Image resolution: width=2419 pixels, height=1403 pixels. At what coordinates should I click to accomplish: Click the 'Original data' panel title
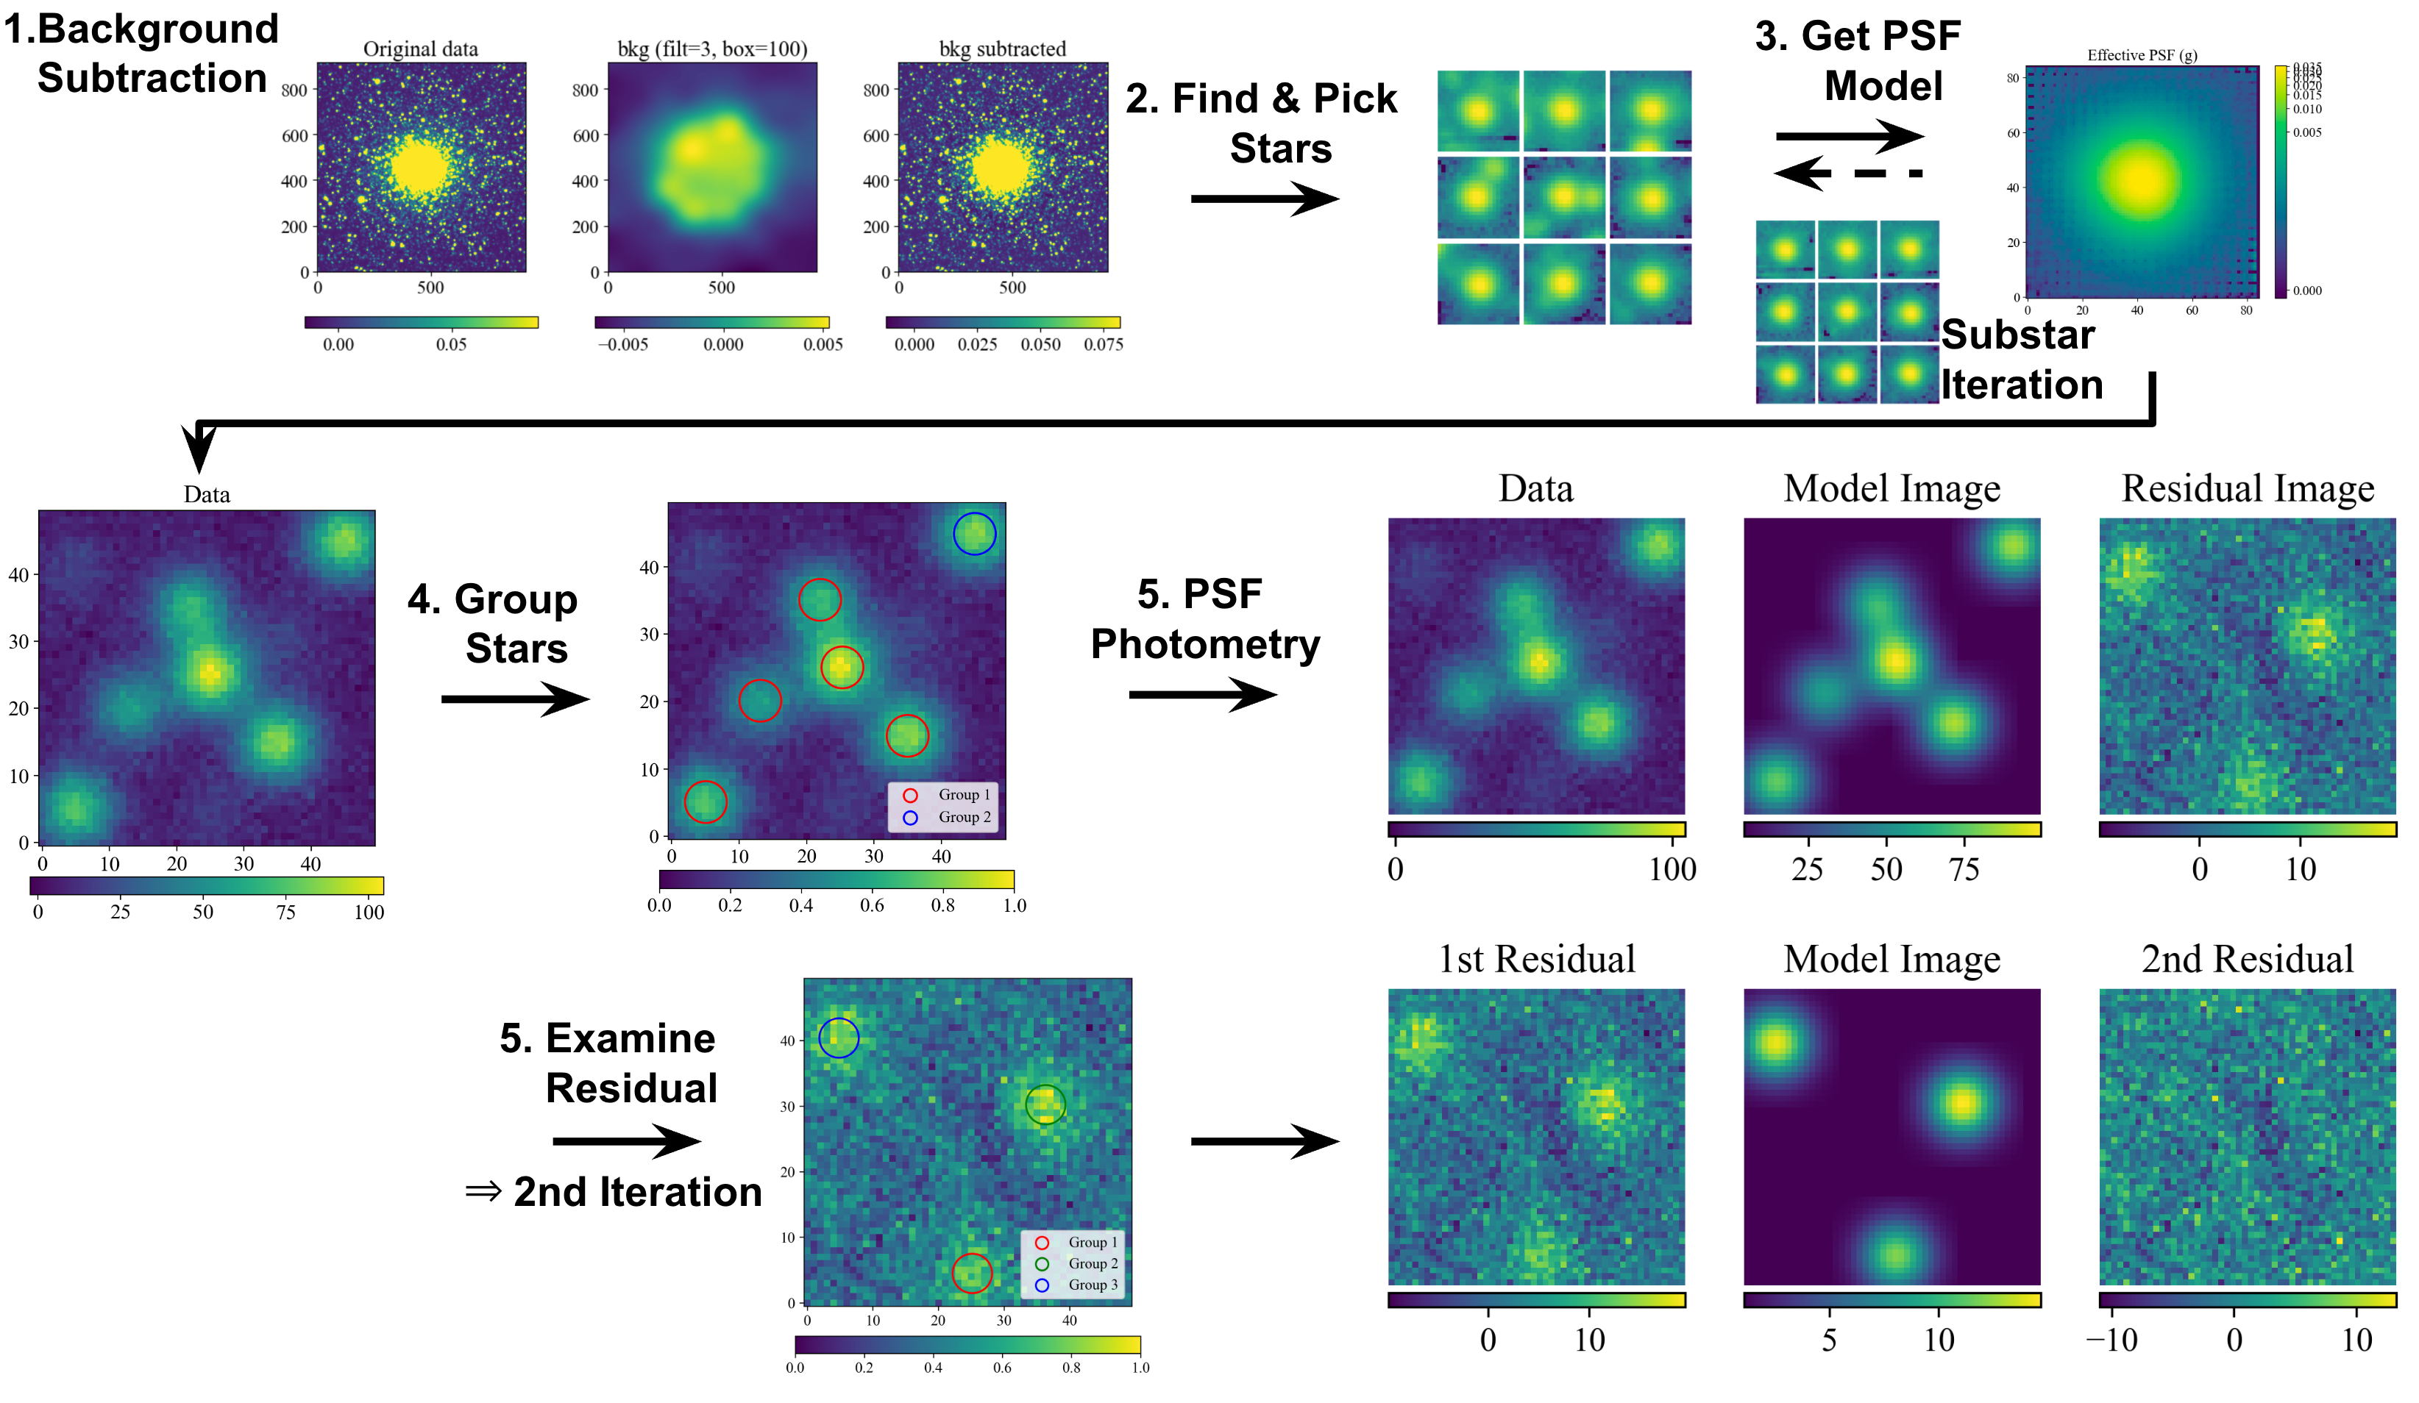point(420,49)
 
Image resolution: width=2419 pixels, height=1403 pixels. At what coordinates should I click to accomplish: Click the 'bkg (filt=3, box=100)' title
point(711,49)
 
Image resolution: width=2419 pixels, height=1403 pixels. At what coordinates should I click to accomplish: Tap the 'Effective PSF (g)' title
point(2142,54)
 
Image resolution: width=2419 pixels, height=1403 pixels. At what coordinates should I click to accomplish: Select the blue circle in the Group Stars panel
point(974,534)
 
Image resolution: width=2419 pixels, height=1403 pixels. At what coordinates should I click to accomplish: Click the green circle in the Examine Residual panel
point(1045,1104)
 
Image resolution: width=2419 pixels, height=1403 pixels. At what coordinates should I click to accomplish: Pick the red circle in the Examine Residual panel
point(971,1273)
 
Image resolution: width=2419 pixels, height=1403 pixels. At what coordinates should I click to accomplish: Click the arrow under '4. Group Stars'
point(514,699)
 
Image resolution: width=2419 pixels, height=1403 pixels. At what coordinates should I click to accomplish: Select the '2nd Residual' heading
point(2247,959)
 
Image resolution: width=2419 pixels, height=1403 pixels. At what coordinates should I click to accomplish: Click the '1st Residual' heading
point(1536,959)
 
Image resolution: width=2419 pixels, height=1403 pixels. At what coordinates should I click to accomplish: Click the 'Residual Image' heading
point(2247,488)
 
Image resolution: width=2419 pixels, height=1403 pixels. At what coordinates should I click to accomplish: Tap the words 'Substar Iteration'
point(2021,359)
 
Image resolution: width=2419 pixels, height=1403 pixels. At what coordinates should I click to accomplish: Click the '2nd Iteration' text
point(636,1191)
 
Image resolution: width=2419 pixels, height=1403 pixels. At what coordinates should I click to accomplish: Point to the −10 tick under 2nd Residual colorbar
point(2111,1339)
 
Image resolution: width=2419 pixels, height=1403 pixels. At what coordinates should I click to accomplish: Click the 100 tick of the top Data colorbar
point(1672,868)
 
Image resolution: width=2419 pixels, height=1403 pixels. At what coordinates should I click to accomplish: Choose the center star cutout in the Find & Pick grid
point(1563,198)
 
